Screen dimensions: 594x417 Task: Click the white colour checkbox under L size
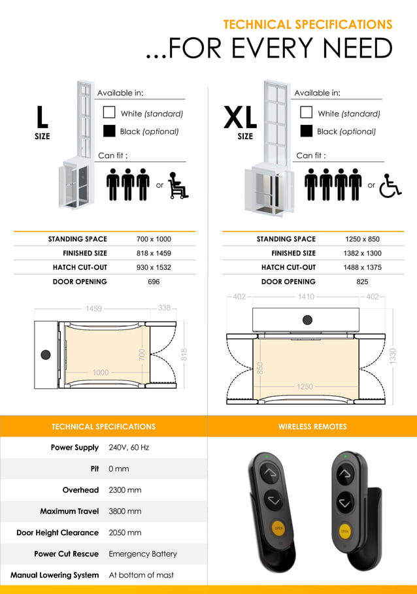tap(109, 112)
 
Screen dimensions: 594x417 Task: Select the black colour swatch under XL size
tap(306, 131)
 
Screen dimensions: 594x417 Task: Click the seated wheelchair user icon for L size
tap(178, 185)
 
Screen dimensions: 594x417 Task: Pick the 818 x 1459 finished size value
tap(154, 253)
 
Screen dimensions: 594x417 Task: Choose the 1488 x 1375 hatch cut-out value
tap(363, 267)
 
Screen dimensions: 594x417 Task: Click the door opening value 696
tap(154, 282)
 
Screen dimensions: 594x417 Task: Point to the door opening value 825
tap(363, 282)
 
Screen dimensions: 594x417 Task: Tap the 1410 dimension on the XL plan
tap(306, 297)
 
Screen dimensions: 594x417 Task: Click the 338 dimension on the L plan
tap(164, 308)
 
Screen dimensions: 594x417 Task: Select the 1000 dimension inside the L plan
tap(100, 372)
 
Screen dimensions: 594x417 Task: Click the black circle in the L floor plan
tap(45, 354)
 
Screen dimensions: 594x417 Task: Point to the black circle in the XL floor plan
tap(307, 320)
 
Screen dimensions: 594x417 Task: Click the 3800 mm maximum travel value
tap(125, 511)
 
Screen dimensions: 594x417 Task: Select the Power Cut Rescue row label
tap(66, 553)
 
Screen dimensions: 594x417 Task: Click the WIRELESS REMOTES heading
tap(312, 427)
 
